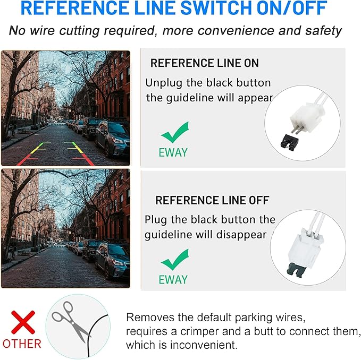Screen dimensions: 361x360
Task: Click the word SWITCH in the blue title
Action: [x=216, y=8]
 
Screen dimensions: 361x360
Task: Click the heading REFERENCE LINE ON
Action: [x=205, y=63]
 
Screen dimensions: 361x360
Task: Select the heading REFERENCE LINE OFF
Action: [x=212, y=200]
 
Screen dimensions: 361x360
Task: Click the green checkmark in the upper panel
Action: [x=175, y=132]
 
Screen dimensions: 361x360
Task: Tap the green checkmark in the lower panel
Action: [x=175, y=259]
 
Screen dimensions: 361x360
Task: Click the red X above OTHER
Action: [x=23, y=322]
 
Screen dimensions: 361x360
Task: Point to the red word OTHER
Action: [x=22, y=344]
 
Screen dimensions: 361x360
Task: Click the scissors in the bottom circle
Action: [x=70, y=321]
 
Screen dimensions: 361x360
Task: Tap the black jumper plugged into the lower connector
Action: [x=296, y=270]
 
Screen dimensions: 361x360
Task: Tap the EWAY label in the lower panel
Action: [x=173, y=279]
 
